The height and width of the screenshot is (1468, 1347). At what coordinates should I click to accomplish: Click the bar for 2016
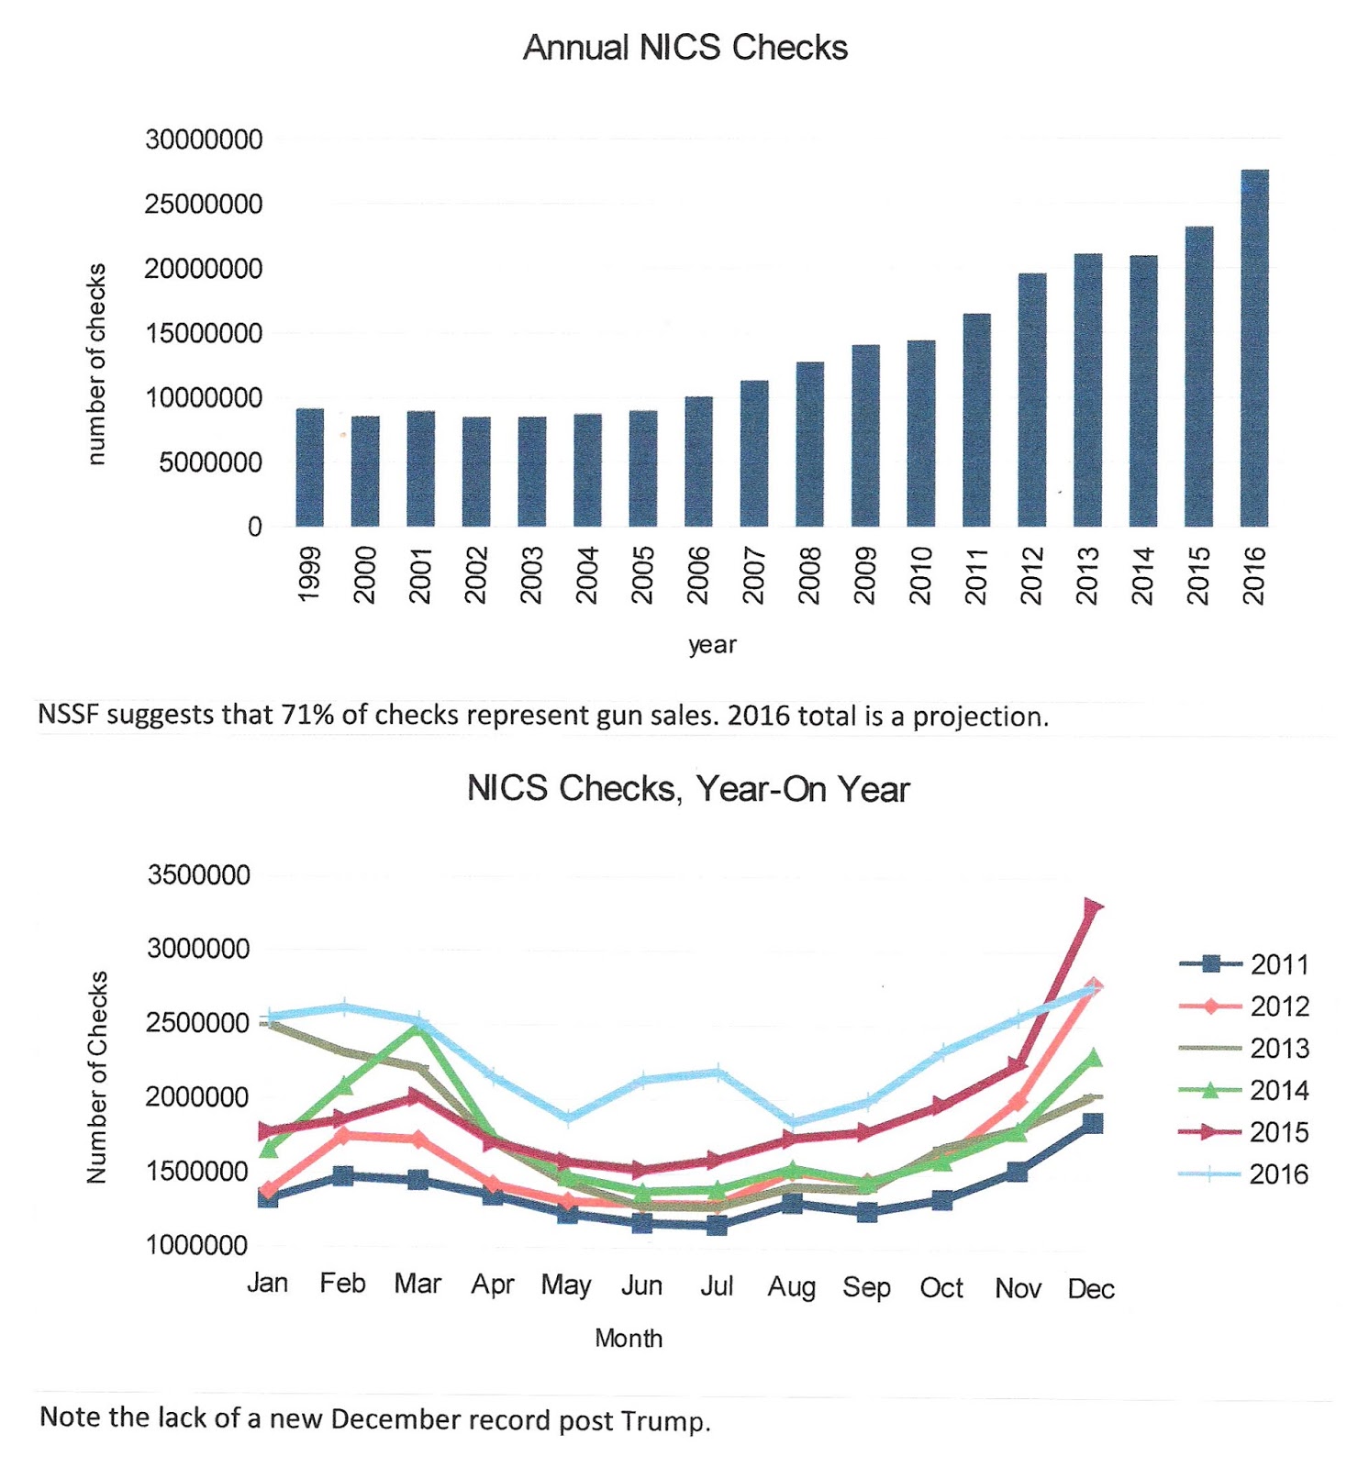(1253, 349)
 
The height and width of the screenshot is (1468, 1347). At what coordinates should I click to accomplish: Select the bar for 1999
(309, 468)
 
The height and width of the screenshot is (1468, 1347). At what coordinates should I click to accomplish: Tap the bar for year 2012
(1031, 400)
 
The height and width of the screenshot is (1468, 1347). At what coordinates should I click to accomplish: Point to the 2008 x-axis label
(808, 575)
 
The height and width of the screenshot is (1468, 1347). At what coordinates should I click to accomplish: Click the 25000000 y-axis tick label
(203, 205)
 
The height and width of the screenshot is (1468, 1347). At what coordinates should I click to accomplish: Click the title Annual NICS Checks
(685, 48)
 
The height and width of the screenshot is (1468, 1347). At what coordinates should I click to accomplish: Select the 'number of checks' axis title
(96, 364)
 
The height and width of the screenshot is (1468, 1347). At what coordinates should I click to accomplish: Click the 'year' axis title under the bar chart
(712, 645)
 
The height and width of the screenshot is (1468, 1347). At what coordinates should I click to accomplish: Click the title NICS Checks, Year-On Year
(687, 789)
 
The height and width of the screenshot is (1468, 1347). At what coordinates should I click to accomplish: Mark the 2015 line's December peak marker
(1092, 907)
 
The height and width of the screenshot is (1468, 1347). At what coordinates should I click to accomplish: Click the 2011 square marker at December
(1092, 1124)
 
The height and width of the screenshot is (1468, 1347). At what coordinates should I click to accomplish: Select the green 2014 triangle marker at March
(419, 1028)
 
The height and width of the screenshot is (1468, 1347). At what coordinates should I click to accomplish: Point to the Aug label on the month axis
(791, 1287)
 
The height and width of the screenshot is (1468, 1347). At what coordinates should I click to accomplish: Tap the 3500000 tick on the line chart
(198, 875)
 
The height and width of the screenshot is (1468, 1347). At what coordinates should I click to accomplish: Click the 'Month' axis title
(629, 1338)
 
